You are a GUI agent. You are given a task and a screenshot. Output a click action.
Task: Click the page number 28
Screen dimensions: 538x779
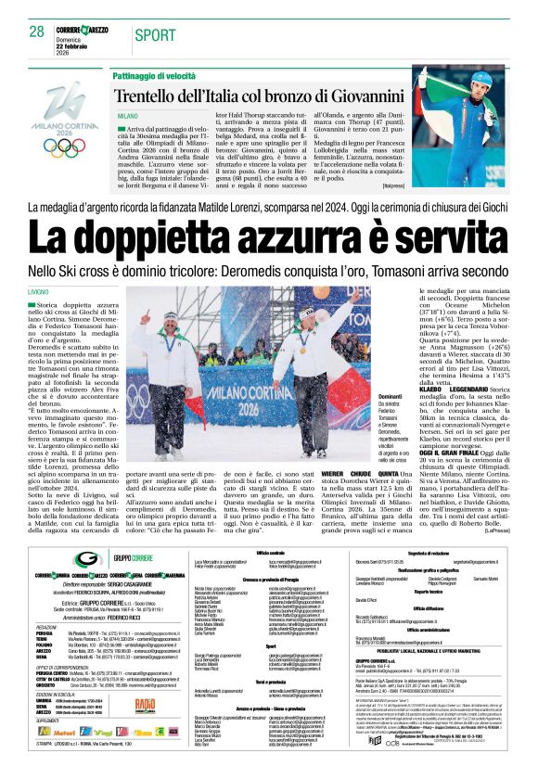36,32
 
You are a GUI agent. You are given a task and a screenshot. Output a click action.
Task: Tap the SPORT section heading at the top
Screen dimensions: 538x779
154,35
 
